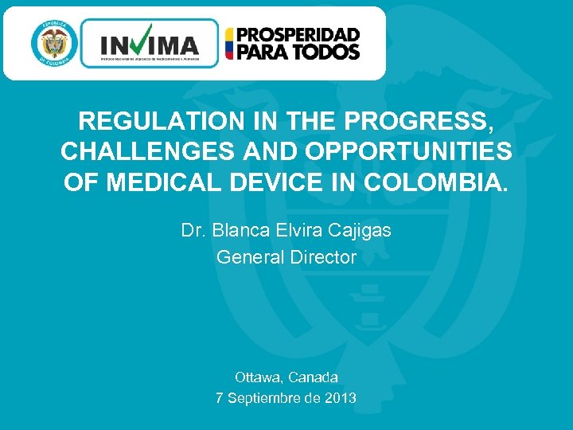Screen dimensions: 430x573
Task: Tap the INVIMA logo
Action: [149, 43]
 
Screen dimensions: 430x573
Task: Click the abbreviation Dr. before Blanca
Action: [192, 231]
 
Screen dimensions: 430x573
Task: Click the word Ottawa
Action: [258, 377]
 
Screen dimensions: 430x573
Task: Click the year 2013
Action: [340, 397]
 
